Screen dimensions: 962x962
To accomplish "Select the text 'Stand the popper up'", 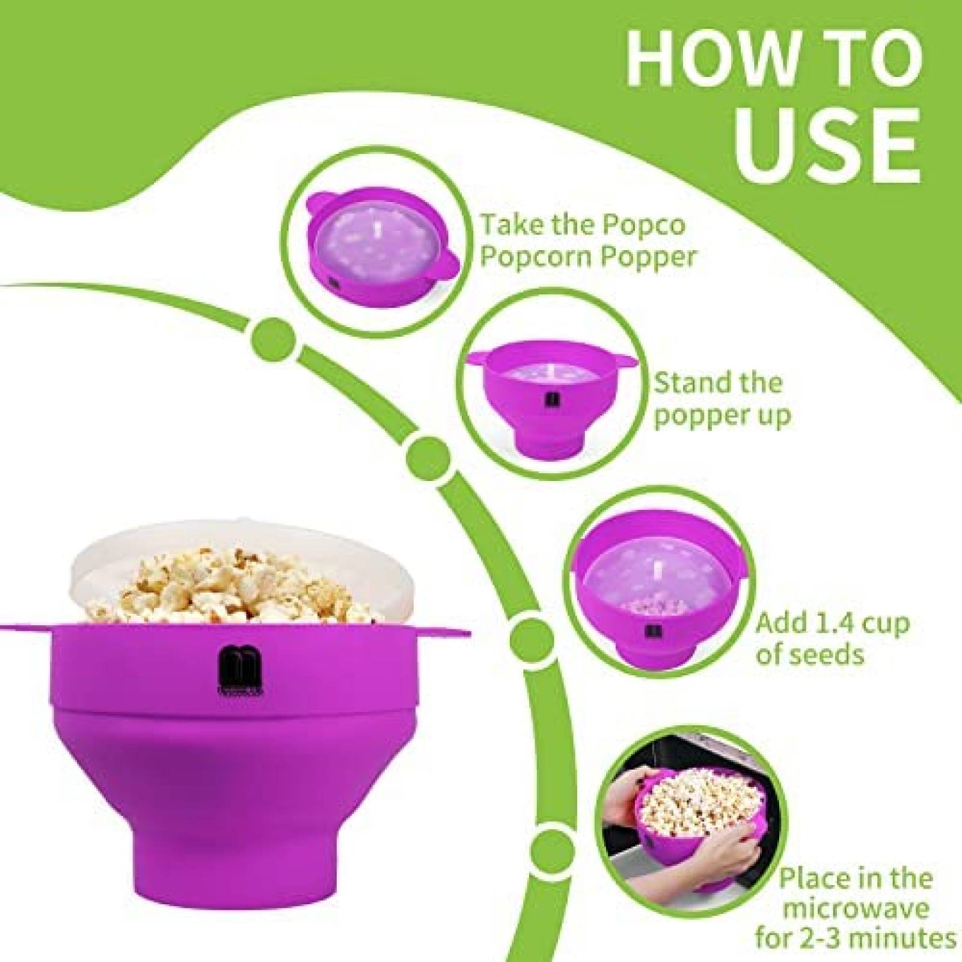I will pos(721,399).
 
